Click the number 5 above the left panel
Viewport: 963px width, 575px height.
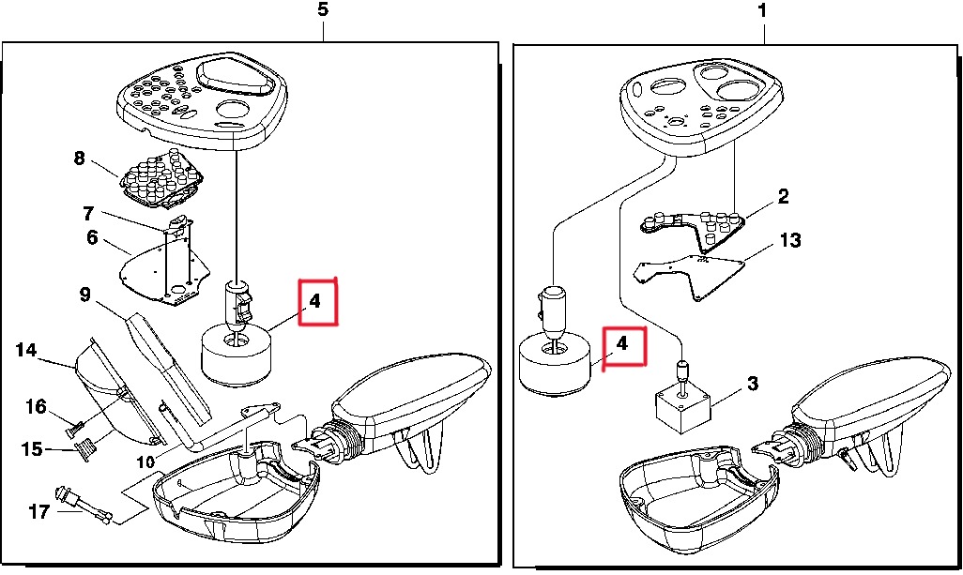(x=323, y=9)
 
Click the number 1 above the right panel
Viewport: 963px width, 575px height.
(x=762, y=11)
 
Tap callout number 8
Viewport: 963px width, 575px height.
(x=79, y=159)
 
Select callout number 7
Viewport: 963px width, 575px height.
(x=88, y=214)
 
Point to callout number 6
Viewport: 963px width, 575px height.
(x=92, y=237)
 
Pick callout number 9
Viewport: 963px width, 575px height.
(x=84, y=295)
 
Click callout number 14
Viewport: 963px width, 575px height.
(x=26, y=350)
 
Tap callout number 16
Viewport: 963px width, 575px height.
(x=37, y=406)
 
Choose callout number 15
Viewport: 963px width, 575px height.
(x=32, y=448)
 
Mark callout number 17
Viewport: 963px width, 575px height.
(x=39, y=511)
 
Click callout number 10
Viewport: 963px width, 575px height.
(x=145, y=462)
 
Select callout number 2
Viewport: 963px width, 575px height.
(x=783, y=196)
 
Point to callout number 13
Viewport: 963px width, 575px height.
(x=790, y=239)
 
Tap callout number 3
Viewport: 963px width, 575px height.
(x=753, y=384)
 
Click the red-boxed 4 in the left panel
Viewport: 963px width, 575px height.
(x=315, y=301)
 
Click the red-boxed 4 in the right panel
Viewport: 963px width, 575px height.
(x=622, y=343)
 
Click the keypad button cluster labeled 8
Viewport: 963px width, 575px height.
(x=161, y=178)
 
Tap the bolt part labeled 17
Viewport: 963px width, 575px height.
(x=84, y=505)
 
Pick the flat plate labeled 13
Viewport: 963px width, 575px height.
(x=691, y=275)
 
